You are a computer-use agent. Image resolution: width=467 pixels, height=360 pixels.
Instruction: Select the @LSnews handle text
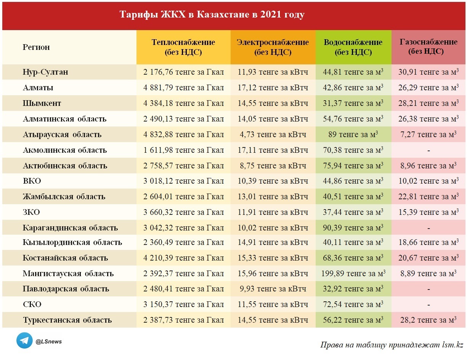[x=48, y=342]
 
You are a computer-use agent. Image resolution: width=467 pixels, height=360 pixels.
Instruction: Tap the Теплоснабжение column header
[x=183, y=47]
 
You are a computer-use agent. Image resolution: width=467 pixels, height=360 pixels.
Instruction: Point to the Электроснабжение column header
[x=273, y=47]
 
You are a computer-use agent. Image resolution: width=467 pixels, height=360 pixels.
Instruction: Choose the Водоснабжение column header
[x=353, y=47]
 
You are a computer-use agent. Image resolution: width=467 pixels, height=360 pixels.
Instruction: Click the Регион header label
[x=36, y=47]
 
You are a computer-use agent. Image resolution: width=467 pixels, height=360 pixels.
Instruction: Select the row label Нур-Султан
[x=45, y=72]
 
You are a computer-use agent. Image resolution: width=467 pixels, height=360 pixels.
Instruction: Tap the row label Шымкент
[x=42, y=103]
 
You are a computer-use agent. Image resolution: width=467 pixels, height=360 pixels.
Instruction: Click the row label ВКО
[x=32, y=181]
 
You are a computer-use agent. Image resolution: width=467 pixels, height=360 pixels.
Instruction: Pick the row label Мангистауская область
[x=68, y=274]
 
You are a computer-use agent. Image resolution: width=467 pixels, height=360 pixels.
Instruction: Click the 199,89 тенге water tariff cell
[x=353, y=274]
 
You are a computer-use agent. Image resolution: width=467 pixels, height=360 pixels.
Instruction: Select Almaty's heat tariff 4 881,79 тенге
[x=183, y=88]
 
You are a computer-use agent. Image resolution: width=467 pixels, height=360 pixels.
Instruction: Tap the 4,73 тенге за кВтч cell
[x=273, y=134]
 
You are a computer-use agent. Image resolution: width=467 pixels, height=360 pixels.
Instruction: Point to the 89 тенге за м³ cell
[x=353, y=134]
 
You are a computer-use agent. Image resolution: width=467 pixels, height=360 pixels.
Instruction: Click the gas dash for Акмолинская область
[x=428, y=150]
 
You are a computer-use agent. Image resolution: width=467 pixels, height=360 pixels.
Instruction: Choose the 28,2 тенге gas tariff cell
[x=428, y=320]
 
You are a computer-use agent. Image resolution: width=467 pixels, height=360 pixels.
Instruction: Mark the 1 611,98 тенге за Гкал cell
[x=183, y=150]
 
